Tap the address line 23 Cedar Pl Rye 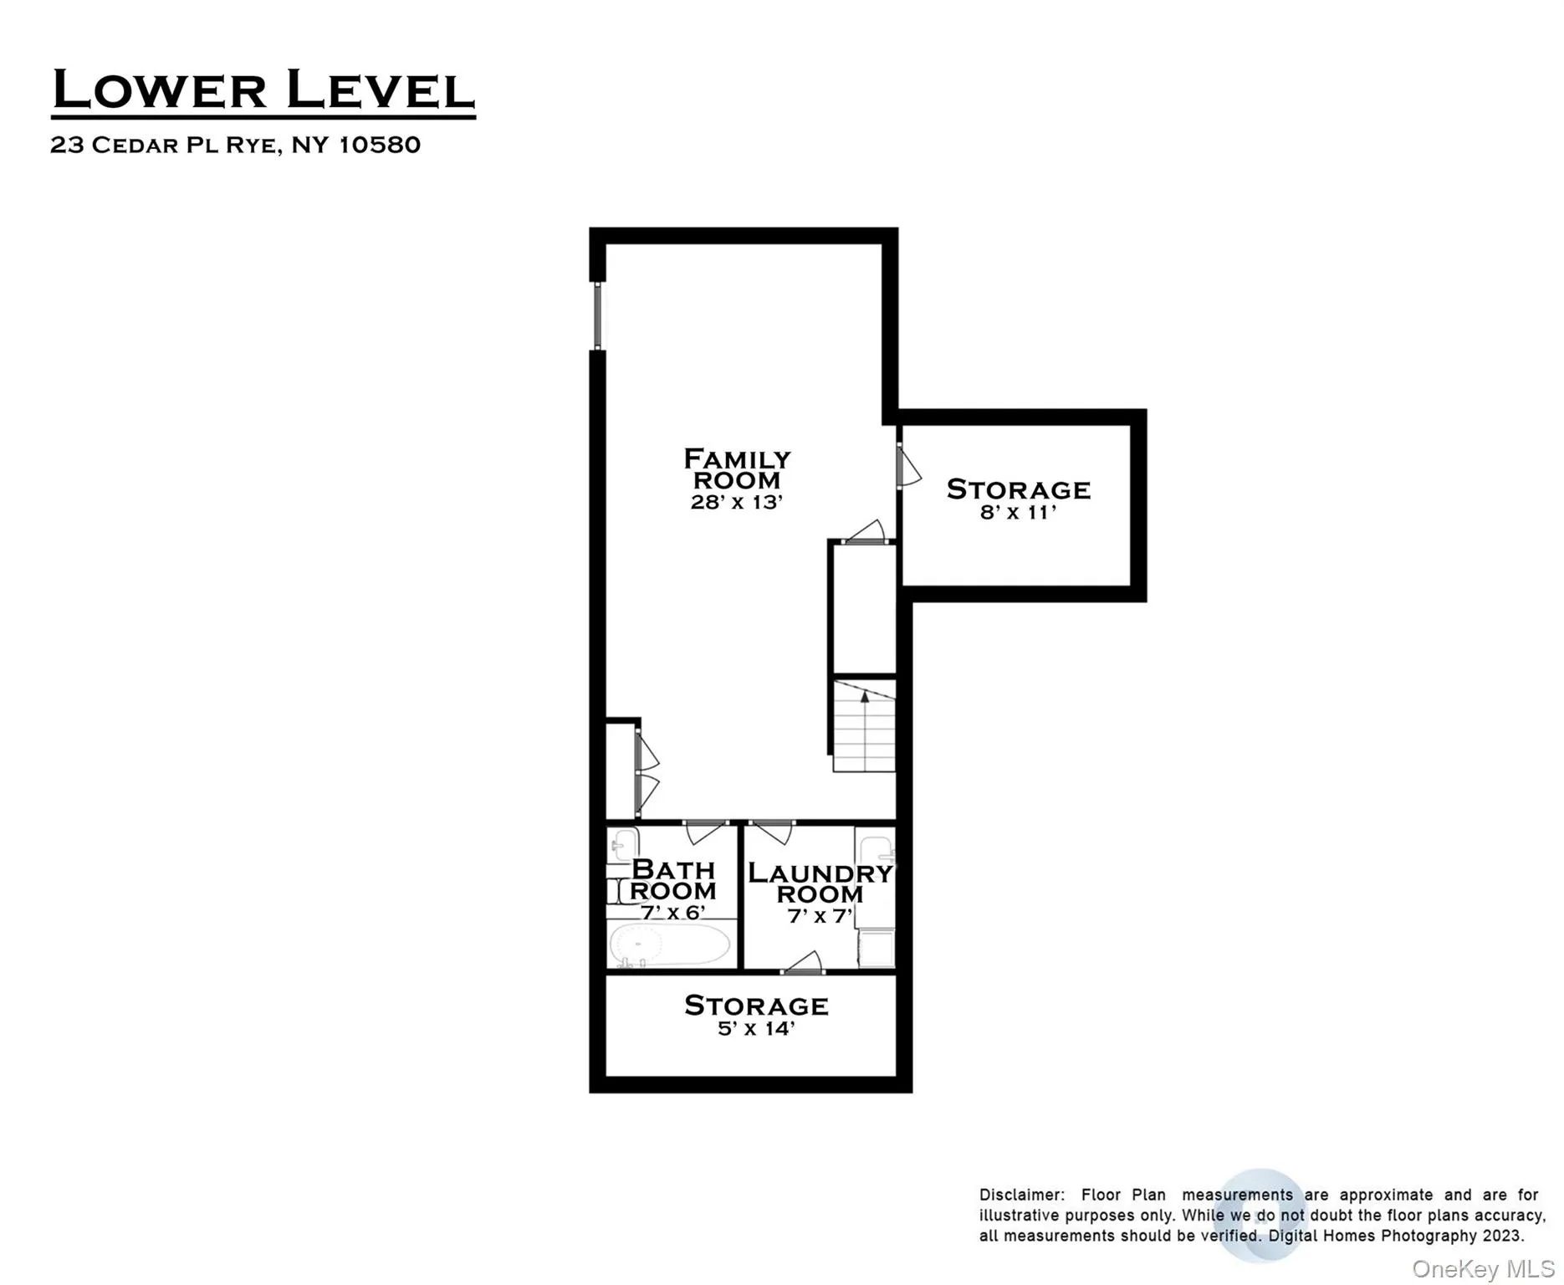[x=235, y=145]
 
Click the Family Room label [x=737, y=469]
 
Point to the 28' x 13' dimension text [x=736, y=502]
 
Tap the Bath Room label [x=673, y=880]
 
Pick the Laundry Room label [x=820, y=883]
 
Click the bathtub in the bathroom [x=670, y=945]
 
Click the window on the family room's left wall [x=597, y=315]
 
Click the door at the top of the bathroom [x=706, y=831]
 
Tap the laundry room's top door [x=771, y=832]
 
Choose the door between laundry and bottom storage [x=804, y=964]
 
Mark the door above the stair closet [x=866, y=533]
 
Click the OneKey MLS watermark [x=1482, y=1269]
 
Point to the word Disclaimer [x=1020, y=1195]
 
